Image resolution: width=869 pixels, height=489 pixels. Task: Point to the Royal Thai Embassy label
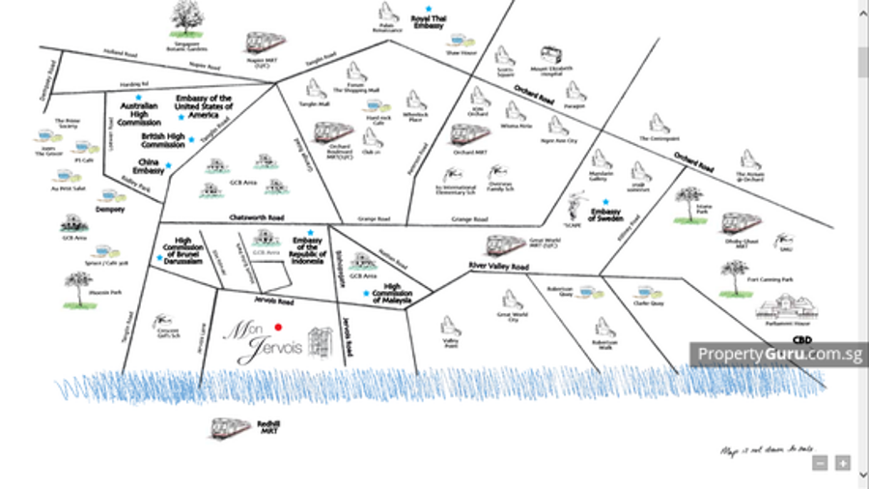[x=427, y=22]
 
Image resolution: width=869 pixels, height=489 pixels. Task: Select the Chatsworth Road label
[x=255, y=217]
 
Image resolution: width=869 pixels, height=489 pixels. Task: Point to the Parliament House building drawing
[x=787, y=311]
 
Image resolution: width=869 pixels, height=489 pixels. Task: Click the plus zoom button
[x=843, y=464]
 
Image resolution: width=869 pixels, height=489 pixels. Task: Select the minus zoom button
[x=819, y=464]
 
